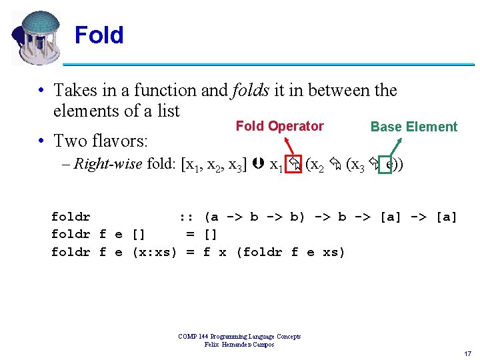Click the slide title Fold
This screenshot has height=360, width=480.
pos(99,35)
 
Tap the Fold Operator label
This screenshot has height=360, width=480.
pos(279,126)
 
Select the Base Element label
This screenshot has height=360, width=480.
pos(413,127)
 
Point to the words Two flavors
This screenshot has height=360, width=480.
pos(101,141)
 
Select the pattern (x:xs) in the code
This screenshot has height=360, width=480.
pos(155,251)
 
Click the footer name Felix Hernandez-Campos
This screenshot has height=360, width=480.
pos(239,344)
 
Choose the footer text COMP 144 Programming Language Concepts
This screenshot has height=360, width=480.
pos(239,337)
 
